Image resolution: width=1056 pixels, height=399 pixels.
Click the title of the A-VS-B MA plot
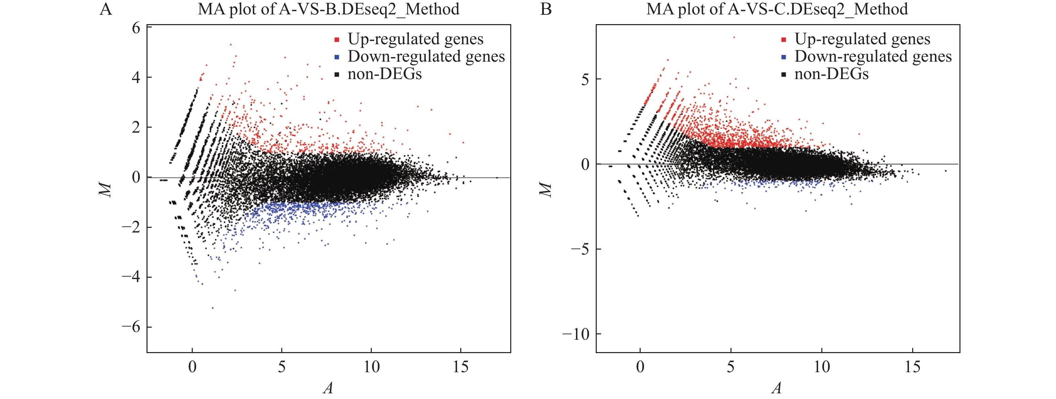coord(328,9)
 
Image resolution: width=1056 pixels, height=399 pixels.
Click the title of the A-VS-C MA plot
coord(777,9)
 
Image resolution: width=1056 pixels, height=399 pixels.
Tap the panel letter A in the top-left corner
coord(106,9)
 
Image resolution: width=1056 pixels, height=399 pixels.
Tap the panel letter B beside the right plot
coord(546,9)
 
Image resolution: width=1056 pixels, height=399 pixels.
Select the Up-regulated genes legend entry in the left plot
coord(415,39)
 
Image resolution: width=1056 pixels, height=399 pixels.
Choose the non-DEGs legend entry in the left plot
coord(384,74)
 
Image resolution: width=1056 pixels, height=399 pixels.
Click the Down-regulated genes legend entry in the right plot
coord(873,57)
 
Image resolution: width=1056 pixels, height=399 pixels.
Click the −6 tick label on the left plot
coord(131,327)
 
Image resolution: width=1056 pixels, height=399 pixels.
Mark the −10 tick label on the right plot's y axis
coord(576,335)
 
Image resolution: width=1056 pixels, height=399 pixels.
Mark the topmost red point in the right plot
coord(734,37)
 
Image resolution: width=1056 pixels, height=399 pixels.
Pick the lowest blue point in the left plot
coord(212,308)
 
